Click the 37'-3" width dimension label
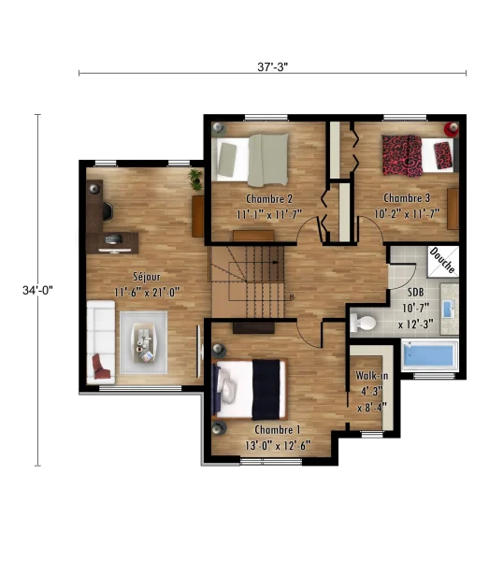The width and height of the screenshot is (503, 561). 273,67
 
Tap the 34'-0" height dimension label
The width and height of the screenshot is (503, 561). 37,290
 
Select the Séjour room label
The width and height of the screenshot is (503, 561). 147,277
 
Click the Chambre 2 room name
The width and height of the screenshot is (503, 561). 269,198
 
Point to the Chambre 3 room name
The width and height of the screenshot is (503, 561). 407,198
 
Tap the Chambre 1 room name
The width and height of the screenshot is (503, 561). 278,429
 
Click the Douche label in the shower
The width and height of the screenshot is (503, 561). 443,260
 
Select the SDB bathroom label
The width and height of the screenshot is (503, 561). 415,293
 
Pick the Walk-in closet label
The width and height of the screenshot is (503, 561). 372,376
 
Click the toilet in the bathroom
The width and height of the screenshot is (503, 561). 363,322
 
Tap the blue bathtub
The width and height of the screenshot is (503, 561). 429,354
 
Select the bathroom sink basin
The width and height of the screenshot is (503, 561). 449,309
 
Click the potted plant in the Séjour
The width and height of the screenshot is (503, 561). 195,180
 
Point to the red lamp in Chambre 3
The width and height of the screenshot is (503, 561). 452,129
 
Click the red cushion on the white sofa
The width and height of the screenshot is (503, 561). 101,367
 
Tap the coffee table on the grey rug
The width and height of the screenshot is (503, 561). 144,343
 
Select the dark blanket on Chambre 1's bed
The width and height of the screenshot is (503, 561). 266,390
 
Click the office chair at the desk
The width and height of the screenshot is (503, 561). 108,211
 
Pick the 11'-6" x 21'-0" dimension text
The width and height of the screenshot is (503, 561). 147,293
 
